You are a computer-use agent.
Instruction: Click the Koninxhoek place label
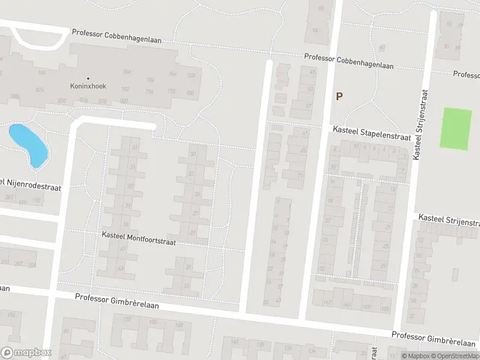pyautogui.click(x=88, y=86)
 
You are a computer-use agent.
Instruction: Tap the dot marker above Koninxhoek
pyautogui.click(x=88, y=78)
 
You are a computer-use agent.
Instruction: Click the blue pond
pyautogui.click(x=28, y=144)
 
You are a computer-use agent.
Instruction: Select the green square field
pyautogui.click(x=456, y=128)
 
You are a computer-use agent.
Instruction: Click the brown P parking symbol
pyautogui.click(x=339, y=96)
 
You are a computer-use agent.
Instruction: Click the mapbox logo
pyautogui.click(x=26, y=353)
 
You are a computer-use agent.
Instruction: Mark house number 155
pyautogui.click(x=384, y=308)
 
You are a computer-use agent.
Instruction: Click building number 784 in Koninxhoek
pyautogui.click(x=127, y=72)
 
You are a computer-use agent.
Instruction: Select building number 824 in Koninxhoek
pyautogui.click(x=40, y=89)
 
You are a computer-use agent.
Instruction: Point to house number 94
pyautogui.click(x=315, y=31)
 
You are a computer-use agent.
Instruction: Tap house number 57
pyautogui.click(x=310, y=106)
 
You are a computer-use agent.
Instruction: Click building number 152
pyautogui.click(x=127, y=319)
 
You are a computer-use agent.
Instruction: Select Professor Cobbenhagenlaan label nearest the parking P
pyautogui.click(x=349, y=62)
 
